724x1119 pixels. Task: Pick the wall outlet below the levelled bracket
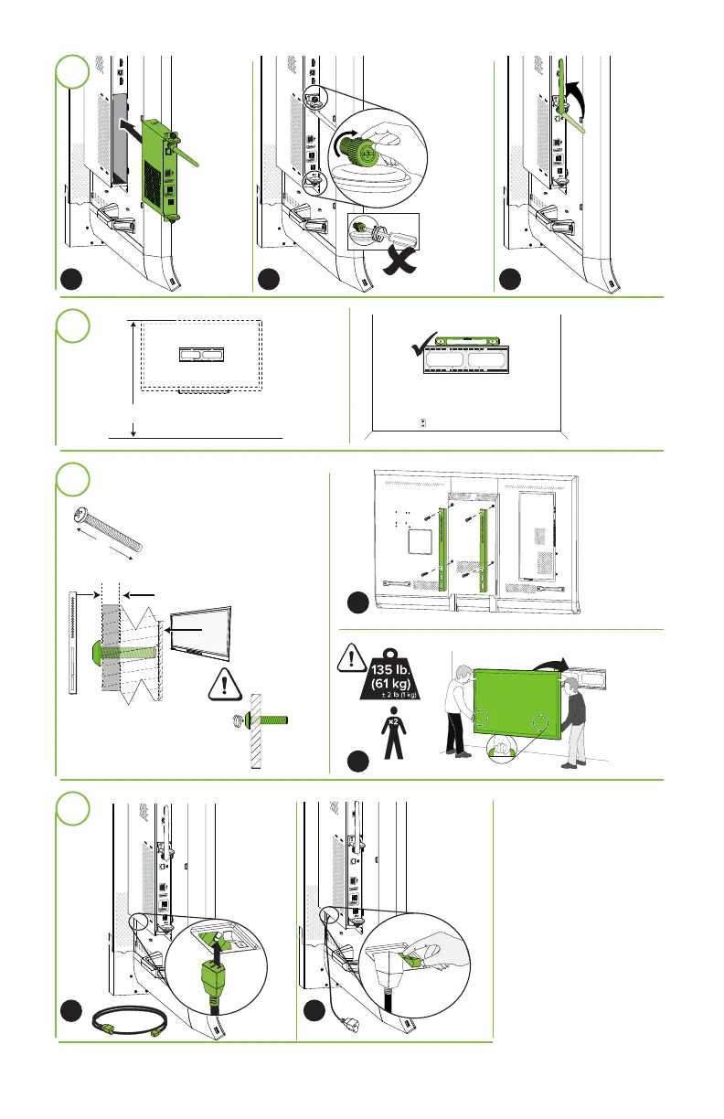[x=422, y=422]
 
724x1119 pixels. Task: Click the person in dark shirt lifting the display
[x=573, y=720]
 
